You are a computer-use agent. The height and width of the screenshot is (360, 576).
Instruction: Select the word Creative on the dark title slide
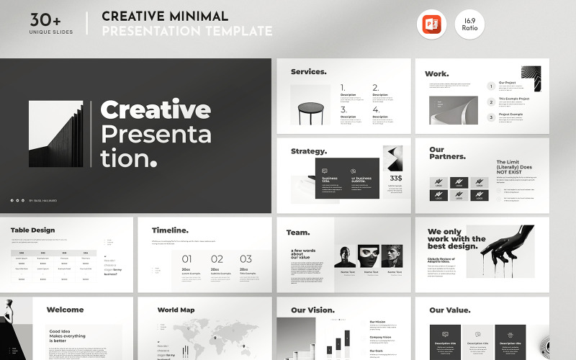tap(156, 110)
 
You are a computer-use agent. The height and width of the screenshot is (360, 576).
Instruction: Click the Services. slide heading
tap(308, 72)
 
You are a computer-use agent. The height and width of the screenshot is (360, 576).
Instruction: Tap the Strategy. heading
tap(309, 152)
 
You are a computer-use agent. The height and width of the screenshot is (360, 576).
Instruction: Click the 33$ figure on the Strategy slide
tap(396, 179)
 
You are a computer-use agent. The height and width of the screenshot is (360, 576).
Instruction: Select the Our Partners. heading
tap(447, 153)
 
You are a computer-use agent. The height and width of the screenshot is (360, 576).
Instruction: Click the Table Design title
tap(32, 230)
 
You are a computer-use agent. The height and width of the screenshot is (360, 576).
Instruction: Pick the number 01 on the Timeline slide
tap(186, 259)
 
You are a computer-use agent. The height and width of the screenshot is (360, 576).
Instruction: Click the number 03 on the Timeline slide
tap(246, 259)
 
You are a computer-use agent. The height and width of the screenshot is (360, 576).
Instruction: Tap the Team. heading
tap(298, 233)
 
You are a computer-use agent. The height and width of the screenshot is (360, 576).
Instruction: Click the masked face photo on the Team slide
tap(370, 256)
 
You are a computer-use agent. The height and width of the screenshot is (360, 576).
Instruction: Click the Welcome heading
tap(65, 310)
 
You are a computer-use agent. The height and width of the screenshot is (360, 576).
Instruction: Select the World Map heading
tap(176, 310)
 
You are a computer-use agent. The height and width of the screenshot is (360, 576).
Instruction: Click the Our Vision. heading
tap(312, 310)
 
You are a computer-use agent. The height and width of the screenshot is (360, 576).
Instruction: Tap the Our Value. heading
tap(450, 310)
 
